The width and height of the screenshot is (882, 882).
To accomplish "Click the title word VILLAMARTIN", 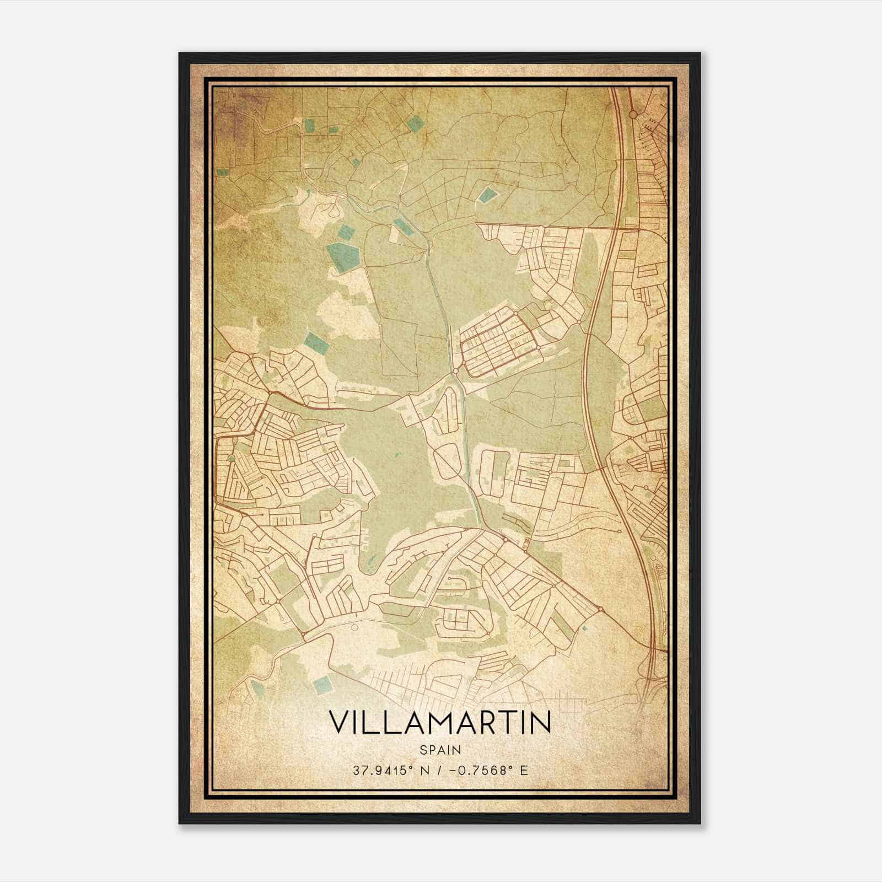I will (440, 723).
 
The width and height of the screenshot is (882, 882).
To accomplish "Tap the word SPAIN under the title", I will (440, 750).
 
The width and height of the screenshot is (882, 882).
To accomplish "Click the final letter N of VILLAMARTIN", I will (541, 723).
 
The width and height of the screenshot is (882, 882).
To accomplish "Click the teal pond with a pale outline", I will (487, 194).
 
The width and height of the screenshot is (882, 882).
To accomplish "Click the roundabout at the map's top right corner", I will (633, 114).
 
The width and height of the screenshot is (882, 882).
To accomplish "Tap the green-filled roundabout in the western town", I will (232, 458).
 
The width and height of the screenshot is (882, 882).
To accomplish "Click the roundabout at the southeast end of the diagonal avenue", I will (599, 609).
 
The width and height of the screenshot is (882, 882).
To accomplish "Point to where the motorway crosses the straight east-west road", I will (614, 225).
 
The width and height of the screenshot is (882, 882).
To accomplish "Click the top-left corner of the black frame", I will (180, 54).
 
